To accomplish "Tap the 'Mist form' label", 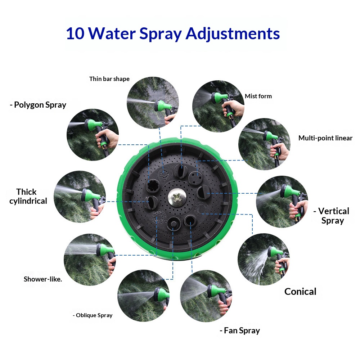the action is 258,96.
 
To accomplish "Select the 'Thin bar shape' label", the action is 109,79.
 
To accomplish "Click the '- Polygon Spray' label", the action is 38,105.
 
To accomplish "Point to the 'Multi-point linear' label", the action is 325,138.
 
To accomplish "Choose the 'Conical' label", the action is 300,292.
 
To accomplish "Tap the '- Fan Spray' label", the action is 240,330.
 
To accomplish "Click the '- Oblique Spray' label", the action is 93,315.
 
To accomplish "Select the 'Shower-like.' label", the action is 43,279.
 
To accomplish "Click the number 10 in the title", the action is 75,33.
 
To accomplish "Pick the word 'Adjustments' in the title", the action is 233,34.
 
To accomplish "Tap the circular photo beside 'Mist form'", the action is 219,106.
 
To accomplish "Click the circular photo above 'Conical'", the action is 264,259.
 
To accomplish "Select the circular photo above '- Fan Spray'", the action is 206,296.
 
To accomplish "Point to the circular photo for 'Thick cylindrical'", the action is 80,197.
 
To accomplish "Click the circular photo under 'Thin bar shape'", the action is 153,103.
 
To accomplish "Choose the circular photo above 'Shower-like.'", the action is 90,260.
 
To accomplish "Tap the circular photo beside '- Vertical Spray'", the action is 282,202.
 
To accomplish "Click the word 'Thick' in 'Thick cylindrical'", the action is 26,192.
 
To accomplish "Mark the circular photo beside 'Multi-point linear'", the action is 265,144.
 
